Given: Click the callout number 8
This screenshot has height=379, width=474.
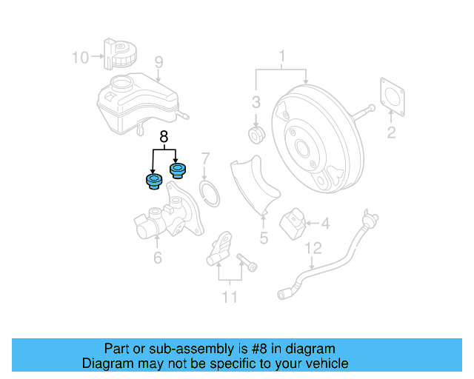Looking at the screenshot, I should click(164, 136).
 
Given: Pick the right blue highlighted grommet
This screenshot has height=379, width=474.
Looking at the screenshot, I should click(178, 171).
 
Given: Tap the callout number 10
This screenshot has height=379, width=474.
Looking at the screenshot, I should click(80, 56).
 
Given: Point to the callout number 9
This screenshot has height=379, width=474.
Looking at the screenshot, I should click(158, 61).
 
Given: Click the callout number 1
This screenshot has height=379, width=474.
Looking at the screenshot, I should click(281, 56).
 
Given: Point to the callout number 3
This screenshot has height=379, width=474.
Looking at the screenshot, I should click(256, 101).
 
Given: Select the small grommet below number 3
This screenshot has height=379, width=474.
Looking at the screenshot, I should click(256, 135).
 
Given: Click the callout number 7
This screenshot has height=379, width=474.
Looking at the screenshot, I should click(206, 158).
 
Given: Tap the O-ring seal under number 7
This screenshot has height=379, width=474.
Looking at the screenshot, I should click(211, 193).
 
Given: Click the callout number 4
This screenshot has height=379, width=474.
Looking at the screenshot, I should click(325, 221).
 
